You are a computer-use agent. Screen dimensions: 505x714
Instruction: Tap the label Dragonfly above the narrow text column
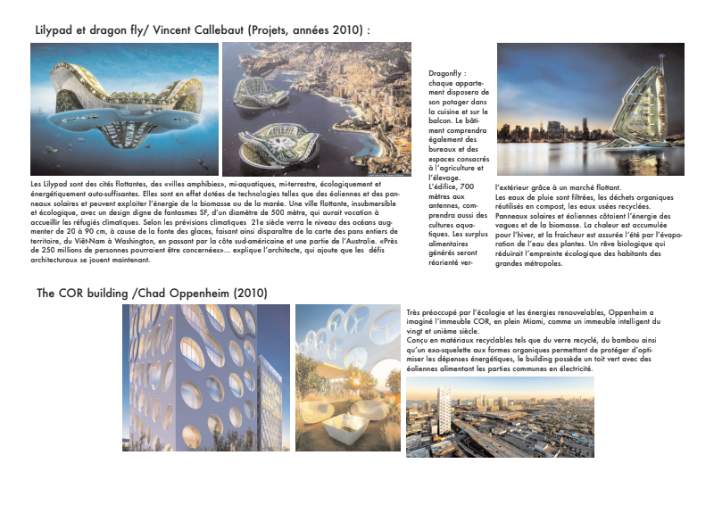click(447, 74)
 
